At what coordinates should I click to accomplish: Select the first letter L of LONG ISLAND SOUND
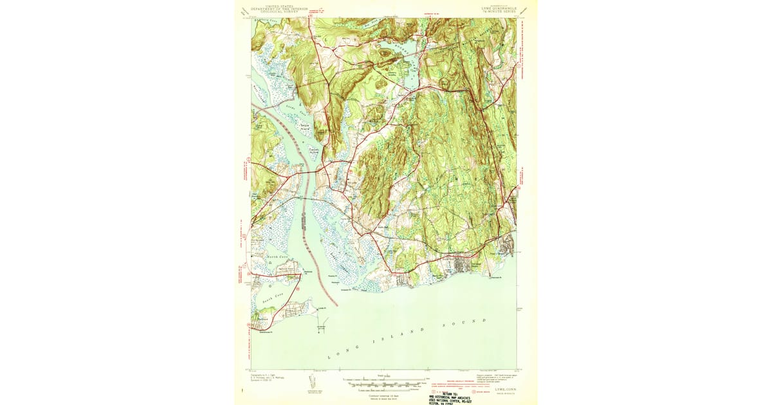329,357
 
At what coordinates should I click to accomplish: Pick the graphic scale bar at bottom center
385,383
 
